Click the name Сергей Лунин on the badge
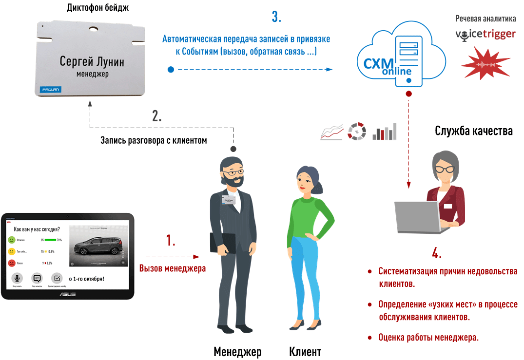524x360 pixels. tap(92, 62)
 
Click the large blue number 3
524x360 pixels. tap(276, 17)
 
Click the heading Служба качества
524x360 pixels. tap(473, 131)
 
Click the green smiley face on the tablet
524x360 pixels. tap(12, 240)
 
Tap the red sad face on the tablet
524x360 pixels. tap(12, 263)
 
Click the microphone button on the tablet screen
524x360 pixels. tap(18, 278)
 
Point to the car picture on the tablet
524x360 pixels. tap(97, 246)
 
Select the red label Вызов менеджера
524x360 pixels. tap(173, 268)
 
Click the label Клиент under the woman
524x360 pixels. tap(305, 352)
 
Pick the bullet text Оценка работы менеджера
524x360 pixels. tap(428, 337)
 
